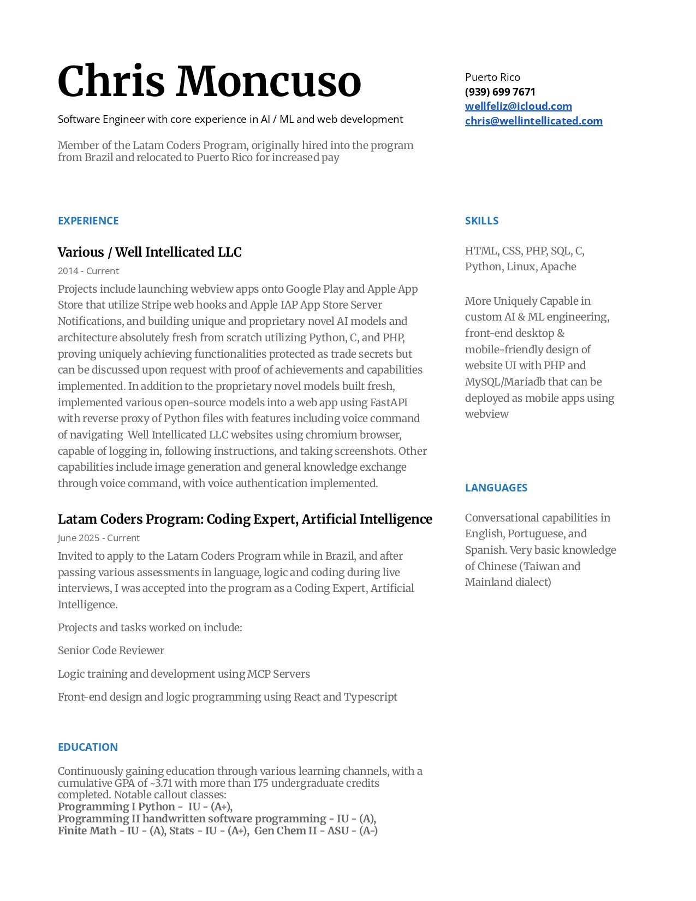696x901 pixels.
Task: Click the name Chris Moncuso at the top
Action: (x=209, y=82)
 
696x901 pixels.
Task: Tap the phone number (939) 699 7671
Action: (x=500, y=92)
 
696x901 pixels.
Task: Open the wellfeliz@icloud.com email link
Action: (x=518, y=106)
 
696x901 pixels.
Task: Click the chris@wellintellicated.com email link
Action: (x=533, y=121)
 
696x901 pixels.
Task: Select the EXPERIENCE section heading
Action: (x=88, y=221)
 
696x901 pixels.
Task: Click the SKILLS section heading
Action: (x=481, y=221)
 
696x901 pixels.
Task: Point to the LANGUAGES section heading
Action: (x=496, y=488)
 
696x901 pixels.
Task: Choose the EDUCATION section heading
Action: (x=87, y=748)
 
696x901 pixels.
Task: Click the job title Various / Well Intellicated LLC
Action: (x=150, y=252)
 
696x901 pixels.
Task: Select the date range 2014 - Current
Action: (x=88, y=271)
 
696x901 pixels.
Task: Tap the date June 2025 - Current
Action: (x=98, y=538)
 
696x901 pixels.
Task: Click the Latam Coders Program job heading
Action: (x=245, y=519)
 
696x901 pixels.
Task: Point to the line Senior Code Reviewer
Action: (x=111, y=651)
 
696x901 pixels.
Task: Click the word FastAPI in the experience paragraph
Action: (x=389, y=403)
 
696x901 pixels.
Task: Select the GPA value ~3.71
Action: (x=161, y=784)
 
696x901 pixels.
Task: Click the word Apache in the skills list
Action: (x=558, y=267)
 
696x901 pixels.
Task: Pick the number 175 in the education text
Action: (x=260, y=784)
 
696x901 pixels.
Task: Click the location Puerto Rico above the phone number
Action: (x=492, y=78)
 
